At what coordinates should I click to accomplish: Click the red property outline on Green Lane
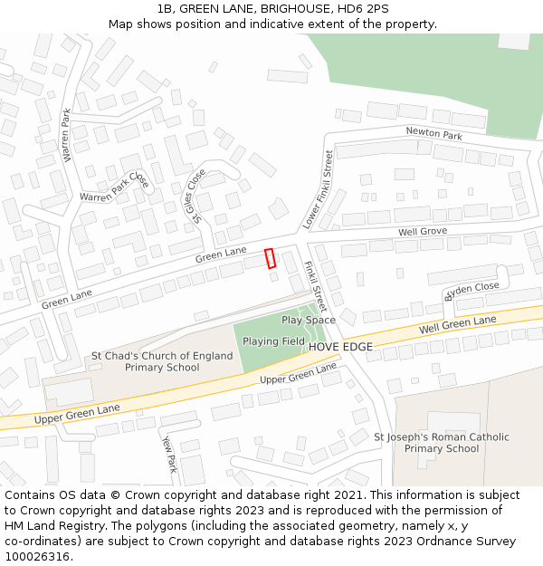270,258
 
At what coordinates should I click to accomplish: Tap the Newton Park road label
433,134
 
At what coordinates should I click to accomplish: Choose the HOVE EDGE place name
341,347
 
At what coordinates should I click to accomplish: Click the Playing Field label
273,341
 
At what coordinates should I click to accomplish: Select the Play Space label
308,320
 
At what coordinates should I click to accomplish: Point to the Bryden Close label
471,291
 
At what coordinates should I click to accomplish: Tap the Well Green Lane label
457,324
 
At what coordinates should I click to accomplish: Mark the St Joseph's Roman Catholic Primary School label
442,443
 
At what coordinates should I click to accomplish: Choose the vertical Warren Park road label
66,135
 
